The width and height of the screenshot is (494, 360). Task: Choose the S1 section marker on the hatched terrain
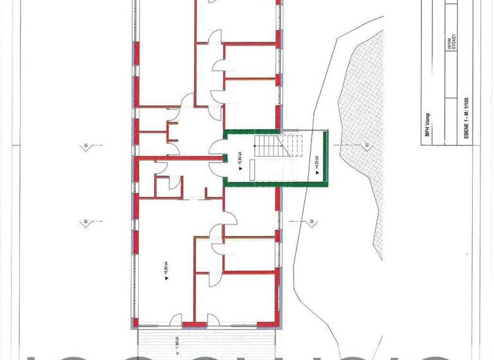tap(367, 147)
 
